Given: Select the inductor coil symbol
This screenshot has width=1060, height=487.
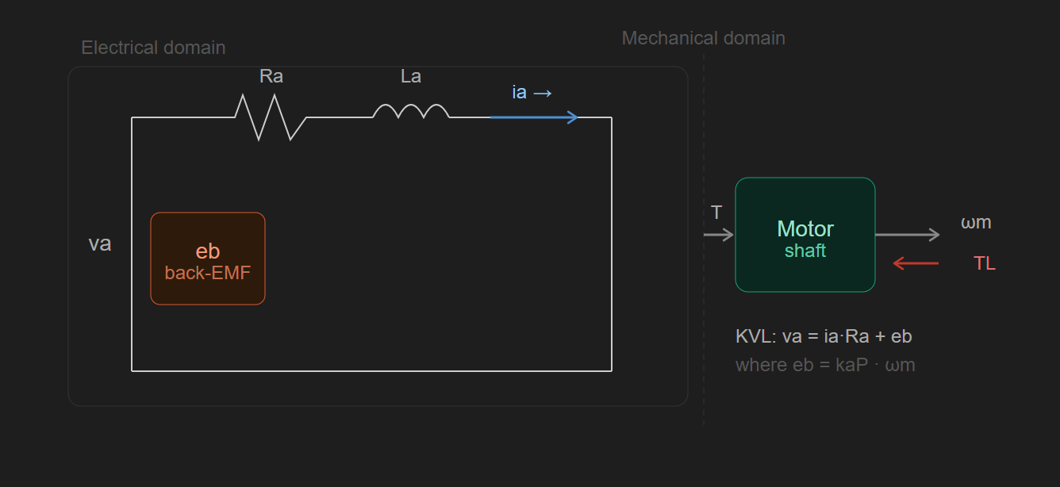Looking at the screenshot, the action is pyautogui.click(x=411, y=110).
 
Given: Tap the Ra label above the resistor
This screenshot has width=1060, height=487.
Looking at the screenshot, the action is pyautogui.click(x=271, y=76).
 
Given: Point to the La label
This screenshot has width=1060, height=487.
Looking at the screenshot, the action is pyautogui.click(x=411, y=76).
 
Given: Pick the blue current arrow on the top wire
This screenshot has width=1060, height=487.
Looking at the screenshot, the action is pyautogui.click(x=534, y=117).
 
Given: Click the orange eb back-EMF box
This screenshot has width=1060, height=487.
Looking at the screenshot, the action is pyautogui.click(x=208, y=259).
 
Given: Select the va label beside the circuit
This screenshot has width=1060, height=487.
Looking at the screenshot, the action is pyautogui.click(x=100, y=243).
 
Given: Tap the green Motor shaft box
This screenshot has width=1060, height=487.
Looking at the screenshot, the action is pyautogui.click(x=805, y=235).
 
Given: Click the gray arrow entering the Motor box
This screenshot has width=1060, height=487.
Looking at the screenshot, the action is pyautogui.click(x=718, y=235).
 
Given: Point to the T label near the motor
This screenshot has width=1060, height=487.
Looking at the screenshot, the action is pyautogui.click(x=716, y=213).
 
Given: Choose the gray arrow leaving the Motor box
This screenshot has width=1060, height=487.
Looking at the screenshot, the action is pyautogui.click(x=908, y=235).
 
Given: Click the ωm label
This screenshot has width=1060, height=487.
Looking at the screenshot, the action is pyautogui.click(x=976, y=222).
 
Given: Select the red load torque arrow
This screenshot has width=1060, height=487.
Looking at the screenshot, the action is pyautogui.click(x=916, y=263).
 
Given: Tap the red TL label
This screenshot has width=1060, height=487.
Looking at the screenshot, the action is pyautogui.click(x=985, y=263).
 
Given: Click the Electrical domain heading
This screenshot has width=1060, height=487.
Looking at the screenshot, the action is pyautogui.click(x=153, y=48).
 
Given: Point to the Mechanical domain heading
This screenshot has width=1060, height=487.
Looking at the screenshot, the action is pyautogui.click(x=703, y=38).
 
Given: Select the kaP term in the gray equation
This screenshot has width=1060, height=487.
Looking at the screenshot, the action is pyautogui.click(x=852, y=365).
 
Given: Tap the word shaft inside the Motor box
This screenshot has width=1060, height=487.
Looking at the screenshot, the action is pyautogui.click(x=805, y=251).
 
